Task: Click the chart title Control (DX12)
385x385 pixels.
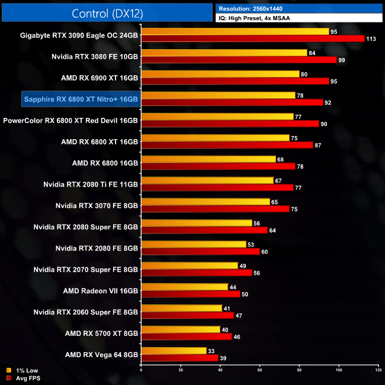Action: (x=107, y=12)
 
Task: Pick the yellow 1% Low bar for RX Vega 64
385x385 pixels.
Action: (x=174, y=351)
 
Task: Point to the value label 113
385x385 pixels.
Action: (x=371, y=38)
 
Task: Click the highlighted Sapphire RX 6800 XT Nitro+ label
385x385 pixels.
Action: (x=81, y=98)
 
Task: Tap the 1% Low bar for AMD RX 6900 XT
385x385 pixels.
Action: (x=220, y=74)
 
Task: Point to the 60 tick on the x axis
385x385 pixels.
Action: (x=259, y=370)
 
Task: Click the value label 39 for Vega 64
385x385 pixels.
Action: (x=223, y=358)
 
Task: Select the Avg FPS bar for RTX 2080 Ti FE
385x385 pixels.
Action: (x=217, y=188)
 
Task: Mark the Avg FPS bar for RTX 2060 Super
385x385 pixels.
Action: (x=187, y=316)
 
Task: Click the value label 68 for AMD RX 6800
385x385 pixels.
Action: (x=281, y=159)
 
